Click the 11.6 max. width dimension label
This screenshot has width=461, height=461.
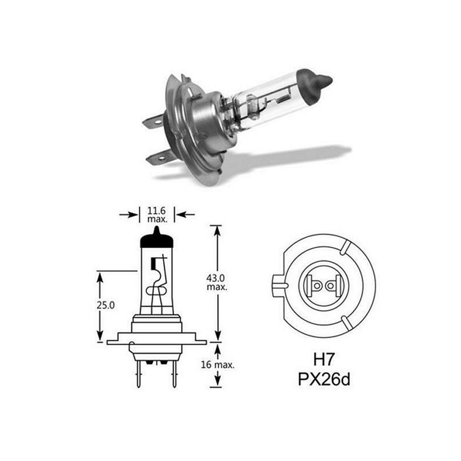157,214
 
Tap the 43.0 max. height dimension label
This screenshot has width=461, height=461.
217,282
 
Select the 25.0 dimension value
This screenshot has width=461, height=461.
105,305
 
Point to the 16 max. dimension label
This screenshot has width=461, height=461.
218,365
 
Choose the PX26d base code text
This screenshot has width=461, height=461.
324,379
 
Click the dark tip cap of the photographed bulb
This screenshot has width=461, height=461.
314,85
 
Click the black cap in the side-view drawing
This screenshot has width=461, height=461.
157,237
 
